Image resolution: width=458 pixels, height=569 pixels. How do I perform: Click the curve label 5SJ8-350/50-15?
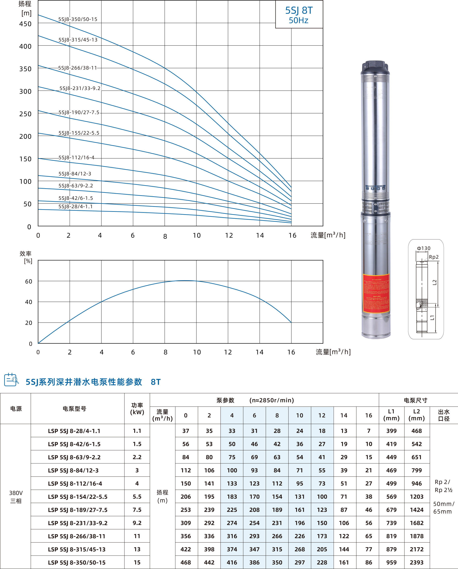(x=78, y=19)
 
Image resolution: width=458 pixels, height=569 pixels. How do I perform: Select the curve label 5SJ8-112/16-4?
(x=76, y=157)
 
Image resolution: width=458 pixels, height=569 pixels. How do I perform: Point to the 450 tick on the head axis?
(x=25, y=24)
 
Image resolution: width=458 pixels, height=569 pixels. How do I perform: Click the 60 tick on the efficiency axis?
(x=29, y=281)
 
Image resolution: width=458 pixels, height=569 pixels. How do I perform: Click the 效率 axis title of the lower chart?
(x=26, y=254)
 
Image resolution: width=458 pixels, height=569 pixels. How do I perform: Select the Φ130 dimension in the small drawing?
(x=423, y=248)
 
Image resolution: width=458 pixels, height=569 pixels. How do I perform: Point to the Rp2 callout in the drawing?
(x=433, y=257)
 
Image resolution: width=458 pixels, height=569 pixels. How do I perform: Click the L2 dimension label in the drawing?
(x=434, y=282)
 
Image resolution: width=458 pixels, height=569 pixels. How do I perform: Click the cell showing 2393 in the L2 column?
(x=416, y=562)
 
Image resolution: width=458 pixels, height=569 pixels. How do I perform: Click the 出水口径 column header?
(x=444, y=415)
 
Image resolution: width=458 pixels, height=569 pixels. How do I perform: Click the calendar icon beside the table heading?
(x=11, y=380)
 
